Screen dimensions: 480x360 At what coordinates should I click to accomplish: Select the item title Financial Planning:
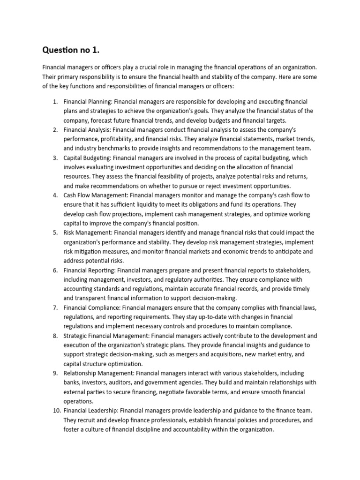click(x=88, y=101)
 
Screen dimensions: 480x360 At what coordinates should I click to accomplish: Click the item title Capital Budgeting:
click(x=87, y=158)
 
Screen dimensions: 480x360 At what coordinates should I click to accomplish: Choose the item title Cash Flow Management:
click(x=96, y=195)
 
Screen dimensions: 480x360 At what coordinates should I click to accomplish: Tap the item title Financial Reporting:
click(x=89, y=270)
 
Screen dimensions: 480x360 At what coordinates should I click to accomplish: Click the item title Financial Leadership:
click(x=91, y=410)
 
